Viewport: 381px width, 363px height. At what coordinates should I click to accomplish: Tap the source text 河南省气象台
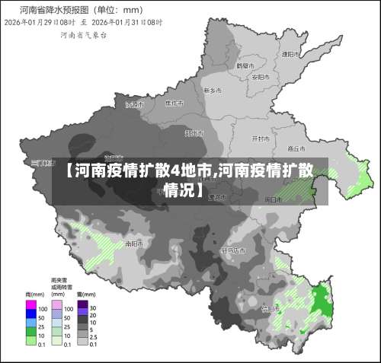78,35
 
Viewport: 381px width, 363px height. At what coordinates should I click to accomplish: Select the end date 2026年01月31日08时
130,23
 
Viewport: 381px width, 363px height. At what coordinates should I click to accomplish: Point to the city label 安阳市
260,77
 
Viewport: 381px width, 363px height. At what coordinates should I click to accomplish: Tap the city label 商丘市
296,148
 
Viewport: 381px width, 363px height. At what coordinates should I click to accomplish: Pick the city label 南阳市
133,244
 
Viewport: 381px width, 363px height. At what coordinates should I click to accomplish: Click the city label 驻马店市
234,250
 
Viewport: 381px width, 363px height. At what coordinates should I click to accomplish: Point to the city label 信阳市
270,308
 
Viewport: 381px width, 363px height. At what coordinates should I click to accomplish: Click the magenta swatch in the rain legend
30,304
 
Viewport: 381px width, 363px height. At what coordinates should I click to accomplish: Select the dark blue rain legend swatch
30,313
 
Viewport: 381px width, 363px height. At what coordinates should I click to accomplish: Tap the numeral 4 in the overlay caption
174,169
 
